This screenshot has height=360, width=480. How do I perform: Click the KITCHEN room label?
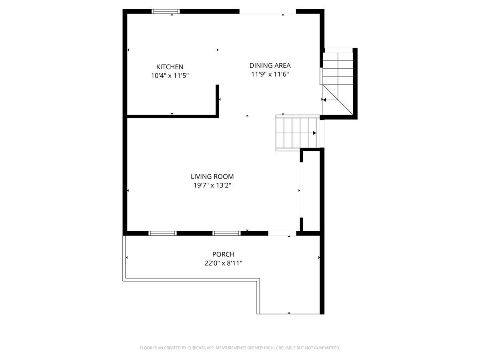170,67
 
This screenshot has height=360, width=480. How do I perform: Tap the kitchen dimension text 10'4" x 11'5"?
170,75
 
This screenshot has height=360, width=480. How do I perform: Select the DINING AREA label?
270,65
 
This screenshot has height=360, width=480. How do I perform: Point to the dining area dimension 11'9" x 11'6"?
270,74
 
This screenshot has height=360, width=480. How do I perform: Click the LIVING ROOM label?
212,176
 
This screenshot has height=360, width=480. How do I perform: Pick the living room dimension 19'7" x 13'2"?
212,185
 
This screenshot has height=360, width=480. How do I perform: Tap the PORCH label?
223,254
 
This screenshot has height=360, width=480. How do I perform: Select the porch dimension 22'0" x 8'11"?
223,263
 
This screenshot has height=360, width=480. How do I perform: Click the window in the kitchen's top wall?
166,11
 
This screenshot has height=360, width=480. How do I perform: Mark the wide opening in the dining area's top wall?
268,11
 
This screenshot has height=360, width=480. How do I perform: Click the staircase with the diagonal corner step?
338,82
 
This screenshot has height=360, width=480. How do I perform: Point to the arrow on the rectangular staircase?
314,133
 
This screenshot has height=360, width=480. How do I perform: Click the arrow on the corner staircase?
324,100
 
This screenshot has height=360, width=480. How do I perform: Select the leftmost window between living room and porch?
162,233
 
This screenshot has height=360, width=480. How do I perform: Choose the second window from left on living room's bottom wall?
226,233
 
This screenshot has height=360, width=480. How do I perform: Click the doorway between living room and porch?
282,233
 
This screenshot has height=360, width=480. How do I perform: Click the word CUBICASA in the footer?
198,348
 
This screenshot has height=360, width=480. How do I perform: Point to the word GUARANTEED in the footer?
325,348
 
